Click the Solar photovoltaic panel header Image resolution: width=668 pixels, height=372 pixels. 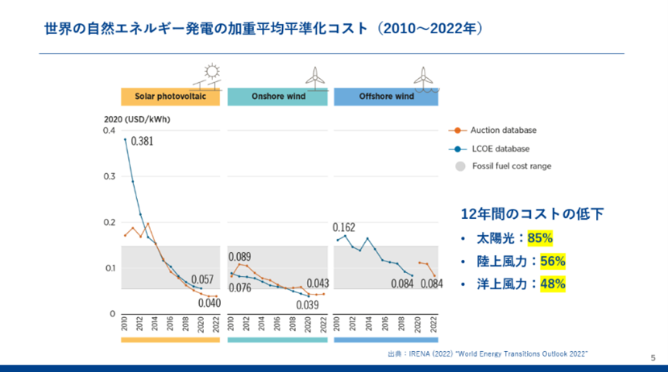170,97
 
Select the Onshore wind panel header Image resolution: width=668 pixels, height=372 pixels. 278,97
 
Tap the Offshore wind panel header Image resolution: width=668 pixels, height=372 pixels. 386,97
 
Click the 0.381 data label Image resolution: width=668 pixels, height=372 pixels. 142,142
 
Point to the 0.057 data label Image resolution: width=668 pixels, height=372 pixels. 201,279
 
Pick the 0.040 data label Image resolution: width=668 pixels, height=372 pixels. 208,302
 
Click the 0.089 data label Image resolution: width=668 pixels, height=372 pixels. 239,257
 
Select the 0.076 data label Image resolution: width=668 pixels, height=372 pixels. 239,288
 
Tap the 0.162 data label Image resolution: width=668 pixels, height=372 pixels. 344,227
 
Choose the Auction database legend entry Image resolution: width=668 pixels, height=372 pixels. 503,131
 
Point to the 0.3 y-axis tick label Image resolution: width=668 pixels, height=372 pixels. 109,177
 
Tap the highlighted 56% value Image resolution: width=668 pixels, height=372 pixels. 553,261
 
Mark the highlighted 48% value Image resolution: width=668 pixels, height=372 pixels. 553,284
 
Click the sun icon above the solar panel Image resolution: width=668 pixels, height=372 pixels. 210,69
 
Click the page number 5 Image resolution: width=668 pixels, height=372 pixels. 653,357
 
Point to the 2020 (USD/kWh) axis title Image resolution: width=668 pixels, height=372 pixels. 137,120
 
